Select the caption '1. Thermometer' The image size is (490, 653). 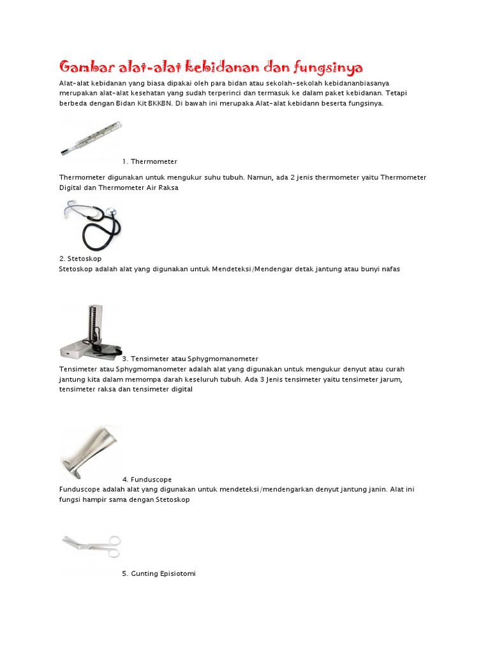[x=150, y=162]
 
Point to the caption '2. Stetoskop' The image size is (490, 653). [x=80, y=259]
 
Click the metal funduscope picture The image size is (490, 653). [x=90, y=452]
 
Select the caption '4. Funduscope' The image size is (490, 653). [x=147, y=480]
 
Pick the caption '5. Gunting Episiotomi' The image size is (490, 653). [x=159, y=574]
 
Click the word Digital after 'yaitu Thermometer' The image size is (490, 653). [x=71, y=188]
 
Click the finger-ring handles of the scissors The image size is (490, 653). [x=112, y=541]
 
